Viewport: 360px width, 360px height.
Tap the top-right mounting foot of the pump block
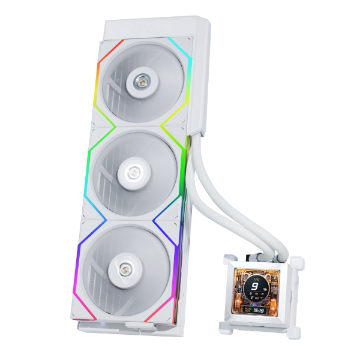[298, 262]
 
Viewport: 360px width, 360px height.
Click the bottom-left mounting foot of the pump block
[224, 328]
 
